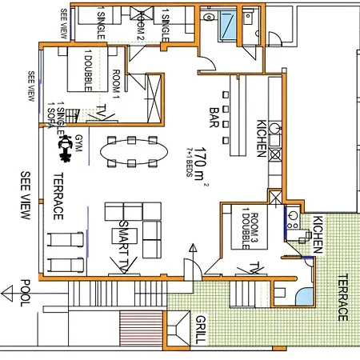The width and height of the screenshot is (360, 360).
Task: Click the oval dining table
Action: [x=134, y=152]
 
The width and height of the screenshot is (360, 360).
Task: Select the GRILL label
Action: [x=199, y=329]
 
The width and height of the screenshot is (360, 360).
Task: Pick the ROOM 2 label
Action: [x=141, y=23]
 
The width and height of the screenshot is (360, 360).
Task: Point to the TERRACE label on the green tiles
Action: [x=342, y=297]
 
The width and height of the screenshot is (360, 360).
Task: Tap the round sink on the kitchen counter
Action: [x=275, y=129]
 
